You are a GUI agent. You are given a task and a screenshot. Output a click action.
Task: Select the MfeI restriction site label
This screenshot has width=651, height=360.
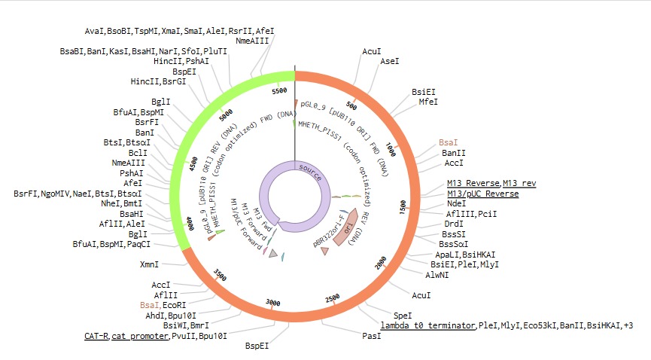coord(428,101)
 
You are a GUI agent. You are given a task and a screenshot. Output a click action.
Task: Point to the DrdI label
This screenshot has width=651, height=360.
coord(454,224)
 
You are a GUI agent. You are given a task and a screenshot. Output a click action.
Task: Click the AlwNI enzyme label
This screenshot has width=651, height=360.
coord(439,276)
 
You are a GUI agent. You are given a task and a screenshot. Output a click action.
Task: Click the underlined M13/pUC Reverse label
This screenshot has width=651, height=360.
coord(482,194)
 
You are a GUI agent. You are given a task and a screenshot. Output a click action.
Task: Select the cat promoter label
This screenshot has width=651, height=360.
coord(140,335)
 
